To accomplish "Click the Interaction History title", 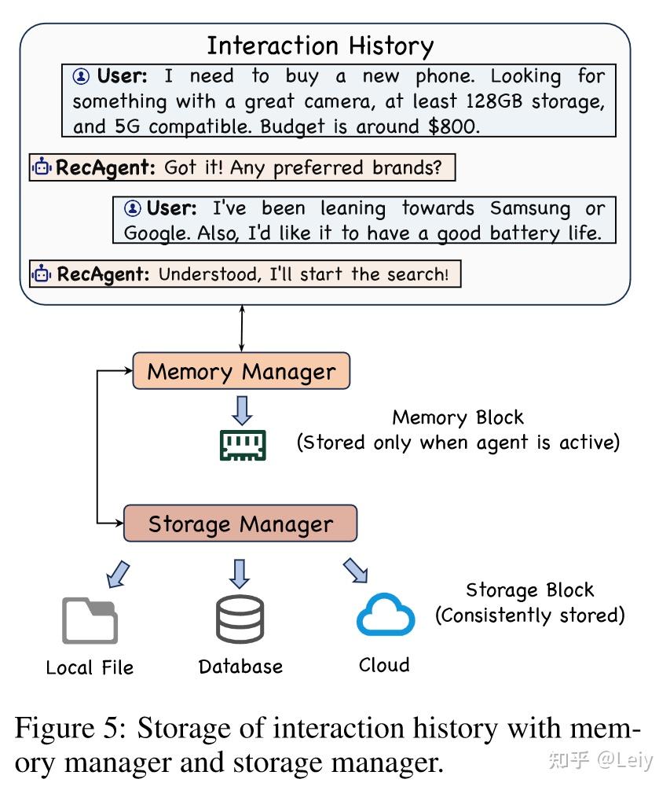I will pyautogui.click(x=320, y=45).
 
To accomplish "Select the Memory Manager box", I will pyautogui.click(x=240, y=371).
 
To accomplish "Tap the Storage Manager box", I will pyautogui.click(x=240, y=524).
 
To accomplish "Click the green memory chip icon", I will pyautogui.click(x=242, y=445).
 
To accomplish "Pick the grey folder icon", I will pyautogui.click(x=90, y=620).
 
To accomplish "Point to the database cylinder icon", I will pyautogui.click(x=240, y=619).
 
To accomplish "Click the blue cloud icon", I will pyautogui.click(x=385, y=615).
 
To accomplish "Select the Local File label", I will pyautogui.click(x=90, y=667).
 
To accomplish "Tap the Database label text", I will pyautogui.click(x=240, y=667).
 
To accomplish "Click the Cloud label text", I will pyautogui.click(x=384, y=665).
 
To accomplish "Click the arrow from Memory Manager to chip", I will pyautogui.click(x=242, y=409).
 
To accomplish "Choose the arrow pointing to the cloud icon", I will pyautogui.click(x=355, y=571).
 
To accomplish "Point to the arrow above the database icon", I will pyautogui.click(x=240, y=572).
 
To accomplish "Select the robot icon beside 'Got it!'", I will pyautogui.click(x=42, y=167).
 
